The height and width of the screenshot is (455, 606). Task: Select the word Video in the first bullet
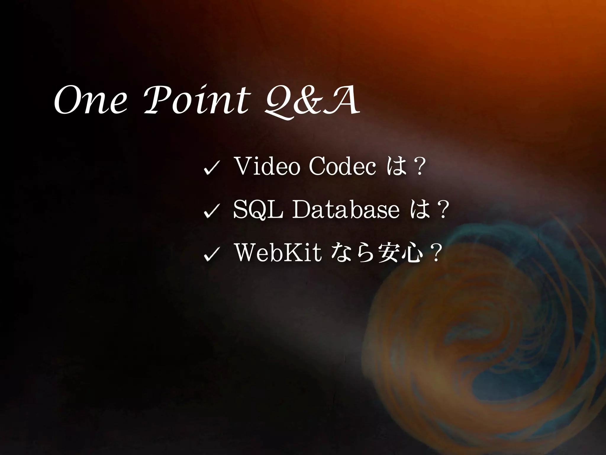click(266, 167)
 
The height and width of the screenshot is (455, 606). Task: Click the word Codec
click(342, 167)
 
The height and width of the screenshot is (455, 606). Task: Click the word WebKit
click(278, 253)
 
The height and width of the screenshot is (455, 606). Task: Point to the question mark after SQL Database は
click(443, 210)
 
